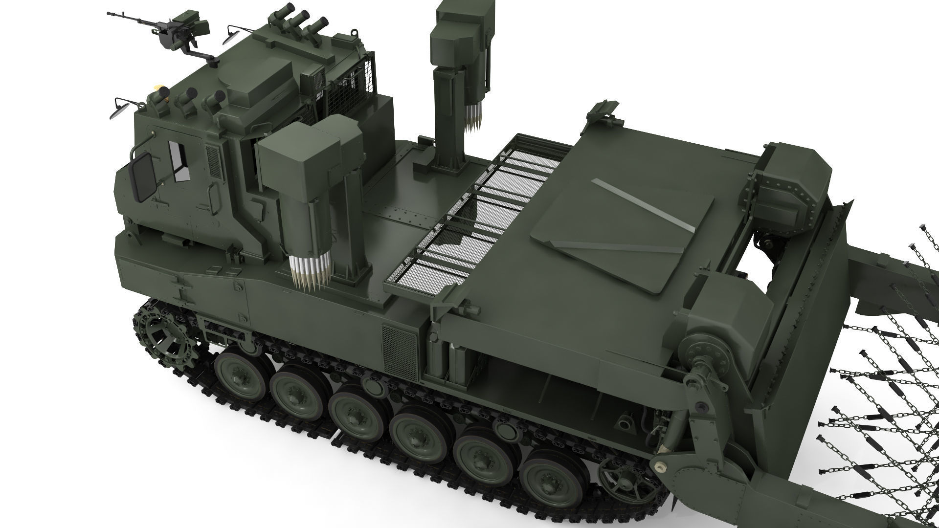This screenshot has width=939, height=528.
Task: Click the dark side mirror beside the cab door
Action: [x=143, y=176]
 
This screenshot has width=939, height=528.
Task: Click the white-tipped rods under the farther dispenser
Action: [x=473, y=117]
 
